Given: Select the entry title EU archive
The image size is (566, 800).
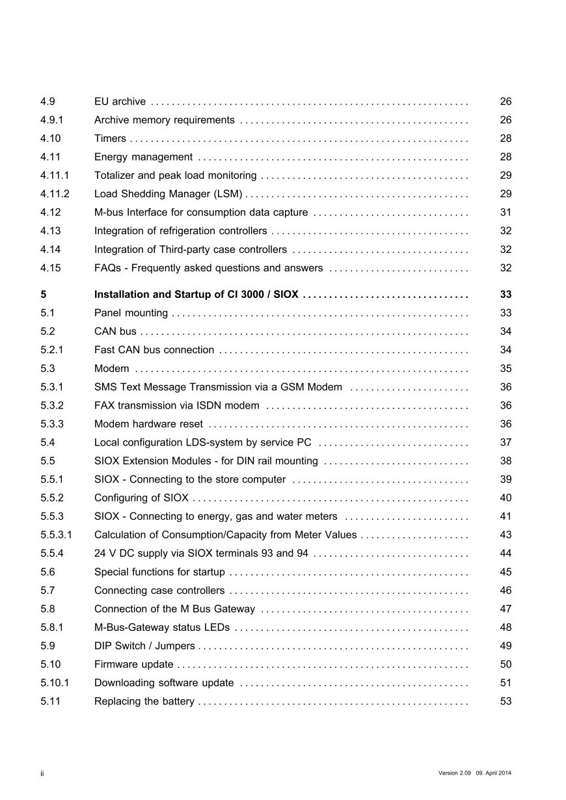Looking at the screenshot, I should (120, 101).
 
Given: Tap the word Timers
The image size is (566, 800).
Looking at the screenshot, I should (110, 139).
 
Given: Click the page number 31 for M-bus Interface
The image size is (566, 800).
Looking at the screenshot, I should (505, 213).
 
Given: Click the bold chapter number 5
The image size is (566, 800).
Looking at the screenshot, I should (43, 295).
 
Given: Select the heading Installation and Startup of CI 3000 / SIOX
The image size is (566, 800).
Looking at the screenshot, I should (196, 295).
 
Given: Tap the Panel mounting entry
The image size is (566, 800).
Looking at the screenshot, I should (131, 313).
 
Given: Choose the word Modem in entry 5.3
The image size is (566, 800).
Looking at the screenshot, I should (112, 369).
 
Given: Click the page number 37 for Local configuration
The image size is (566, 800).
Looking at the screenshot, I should (505, 442).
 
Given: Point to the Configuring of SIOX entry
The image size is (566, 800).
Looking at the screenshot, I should (141, 498).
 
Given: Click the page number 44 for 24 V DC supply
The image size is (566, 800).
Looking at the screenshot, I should (505, 553).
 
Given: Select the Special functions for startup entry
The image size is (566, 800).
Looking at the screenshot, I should (159, 572).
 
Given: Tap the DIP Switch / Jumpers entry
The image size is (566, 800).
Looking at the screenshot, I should (144, 646).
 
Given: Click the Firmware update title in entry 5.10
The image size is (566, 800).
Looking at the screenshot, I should (133, 665).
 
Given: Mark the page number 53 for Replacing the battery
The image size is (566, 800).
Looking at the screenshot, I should (505, 701).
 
